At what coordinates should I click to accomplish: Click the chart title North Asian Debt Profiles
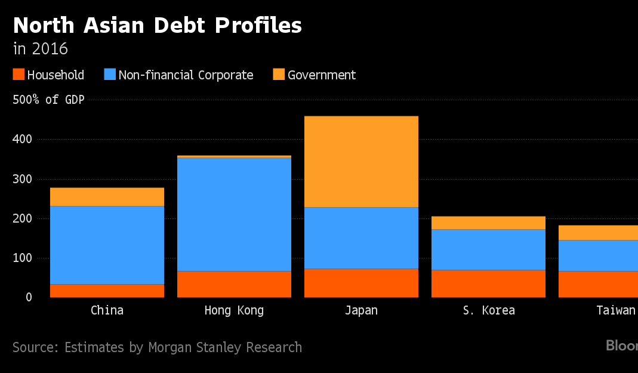(158, 25)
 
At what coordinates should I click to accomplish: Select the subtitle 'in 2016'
(40, 49)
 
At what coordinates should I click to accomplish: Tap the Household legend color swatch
(19, 75)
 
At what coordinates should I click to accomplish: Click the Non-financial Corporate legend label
(186, 75)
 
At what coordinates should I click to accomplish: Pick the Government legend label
(322, 75)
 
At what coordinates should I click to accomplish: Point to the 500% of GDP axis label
(48, 100)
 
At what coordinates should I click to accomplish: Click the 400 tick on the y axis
(22, 139)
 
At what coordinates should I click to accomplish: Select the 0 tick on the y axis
(29, 297)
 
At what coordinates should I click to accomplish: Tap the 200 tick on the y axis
(22, 218)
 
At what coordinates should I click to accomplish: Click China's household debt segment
(107, 291)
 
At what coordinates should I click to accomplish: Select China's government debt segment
(107, 197)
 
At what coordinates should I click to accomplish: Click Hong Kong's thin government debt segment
(234, 156)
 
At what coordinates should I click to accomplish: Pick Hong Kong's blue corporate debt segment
(234, 214)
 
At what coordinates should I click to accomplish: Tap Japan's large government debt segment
(361, 162)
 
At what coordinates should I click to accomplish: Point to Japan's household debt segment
(361, 283)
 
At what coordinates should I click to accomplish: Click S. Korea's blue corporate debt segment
(488, 249)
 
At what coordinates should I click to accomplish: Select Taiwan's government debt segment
(598, 233)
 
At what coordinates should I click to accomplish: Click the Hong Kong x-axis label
(234, 310)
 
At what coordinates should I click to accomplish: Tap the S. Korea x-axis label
(489, 310)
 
